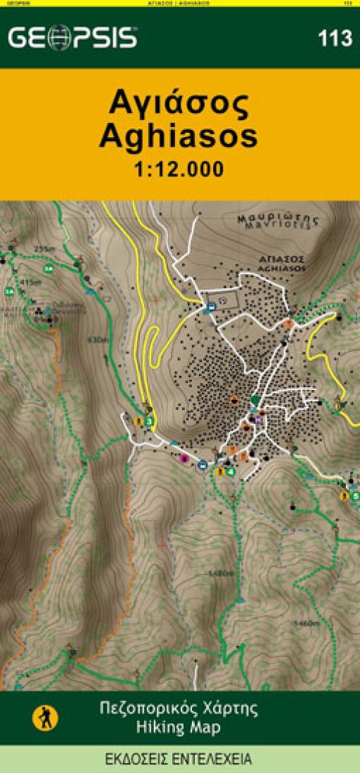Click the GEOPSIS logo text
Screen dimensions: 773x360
(x=72, y=38)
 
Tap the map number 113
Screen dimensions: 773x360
(x=335, y=39)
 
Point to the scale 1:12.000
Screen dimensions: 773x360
(x=179, y=169)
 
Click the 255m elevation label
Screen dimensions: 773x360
(x=44, y=249)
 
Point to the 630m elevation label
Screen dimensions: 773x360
(x=98, y=340)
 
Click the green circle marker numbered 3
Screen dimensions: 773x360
(x=150, y=422)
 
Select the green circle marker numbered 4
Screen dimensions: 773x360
(x=231, y=472)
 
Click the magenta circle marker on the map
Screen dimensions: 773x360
(x=185, y=460)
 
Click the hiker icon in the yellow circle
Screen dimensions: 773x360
(x=46, y=717)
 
